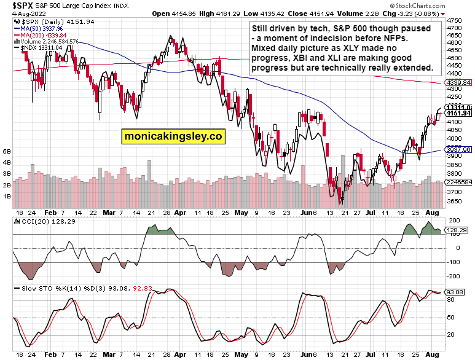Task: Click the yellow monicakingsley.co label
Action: (x=173, y=136)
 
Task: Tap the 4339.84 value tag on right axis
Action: (x=459, y=82)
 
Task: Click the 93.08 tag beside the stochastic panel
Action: (x=460, y=292)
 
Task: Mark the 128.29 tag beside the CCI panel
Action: (x=460, y=230)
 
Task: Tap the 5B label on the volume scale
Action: (x=7, y=151)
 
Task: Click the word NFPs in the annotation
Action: (x=415, y=38)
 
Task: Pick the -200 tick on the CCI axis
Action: (x=456, y=278)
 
